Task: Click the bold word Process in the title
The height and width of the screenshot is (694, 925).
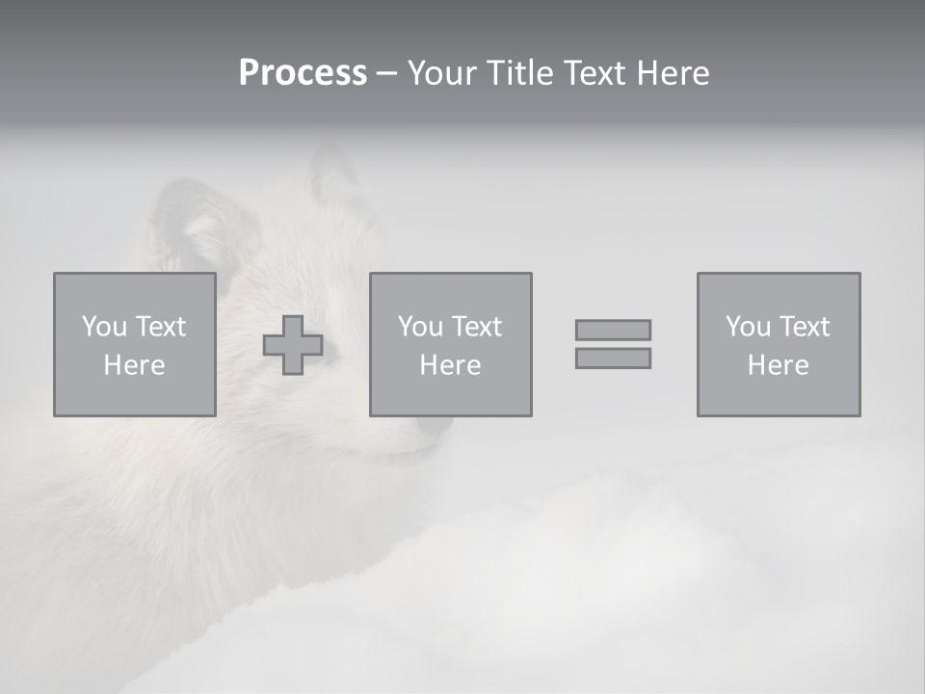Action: pos(303,72)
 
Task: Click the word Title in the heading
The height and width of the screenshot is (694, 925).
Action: pos(519,72)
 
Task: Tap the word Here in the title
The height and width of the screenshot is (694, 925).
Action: pos(671,72)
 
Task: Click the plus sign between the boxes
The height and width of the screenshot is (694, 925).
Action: pos(293,345)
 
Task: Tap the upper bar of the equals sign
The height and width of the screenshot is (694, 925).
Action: pos(613,330)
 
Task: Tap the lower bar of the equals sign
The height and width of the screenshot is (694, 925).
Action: pos(613,359)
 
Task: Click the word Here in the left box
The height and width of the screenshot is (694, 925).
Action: pos(134,365)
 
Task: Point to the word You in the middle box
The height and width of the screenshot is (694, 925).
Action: pos(420,327)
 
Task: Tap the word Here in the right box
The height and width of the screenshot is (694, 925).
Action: pos(778,365)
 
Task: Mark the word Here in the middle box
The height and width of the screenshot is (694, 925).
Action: pos(450,365)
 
